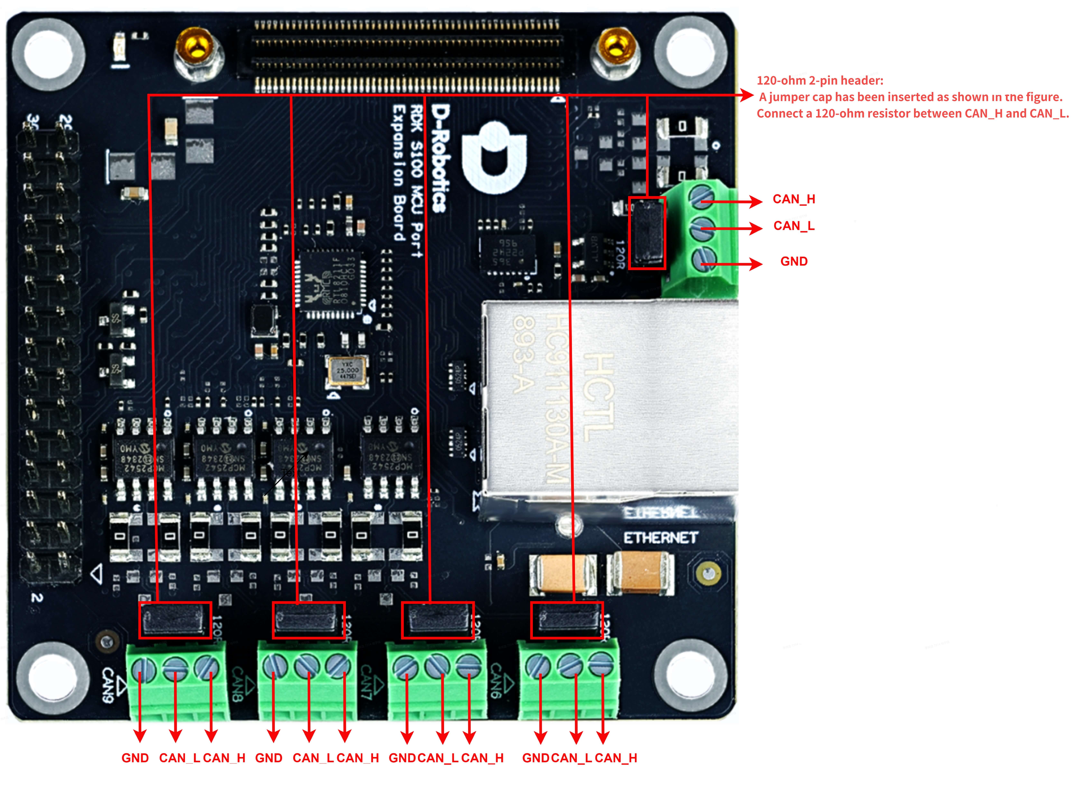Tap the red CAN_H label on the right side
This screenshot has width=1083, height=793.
click(x=794, y=199)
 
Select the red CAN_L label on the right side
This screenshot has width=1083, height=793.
click(x=794, y=226)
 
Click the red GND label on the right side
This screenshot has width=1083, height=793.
click(x=794, y=262)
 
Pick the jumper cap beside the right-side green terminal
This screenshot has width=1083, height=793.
click(x=647, y=233)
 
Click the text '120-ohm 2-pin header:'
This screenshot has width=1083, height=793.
click(x=819, y=81)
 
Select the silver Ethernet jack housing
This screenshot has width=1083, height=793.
click(x=610, y=398)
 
